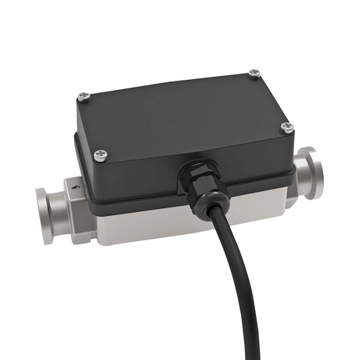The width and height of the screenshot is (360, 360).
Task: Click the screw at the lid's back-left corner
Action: [84, 96]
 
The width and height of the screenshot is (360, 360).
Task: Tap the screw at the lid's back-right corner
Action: [254, 74]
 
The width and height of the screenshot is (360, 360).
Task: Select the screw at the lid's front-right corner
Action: [286, 127]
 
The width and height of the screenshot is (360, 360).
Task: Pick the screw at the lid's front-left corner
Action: [99, 155]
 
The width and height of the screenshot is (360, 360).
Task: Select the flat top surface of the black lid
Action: [180, 110]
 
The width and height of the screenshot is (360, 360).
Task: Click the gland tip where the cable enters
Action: [206, 205]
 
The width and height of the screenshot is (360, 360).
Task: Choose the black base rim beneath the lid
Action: [141, 205]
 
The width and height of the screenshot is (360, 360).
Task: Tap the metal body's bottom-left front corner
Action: [98, 241]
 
